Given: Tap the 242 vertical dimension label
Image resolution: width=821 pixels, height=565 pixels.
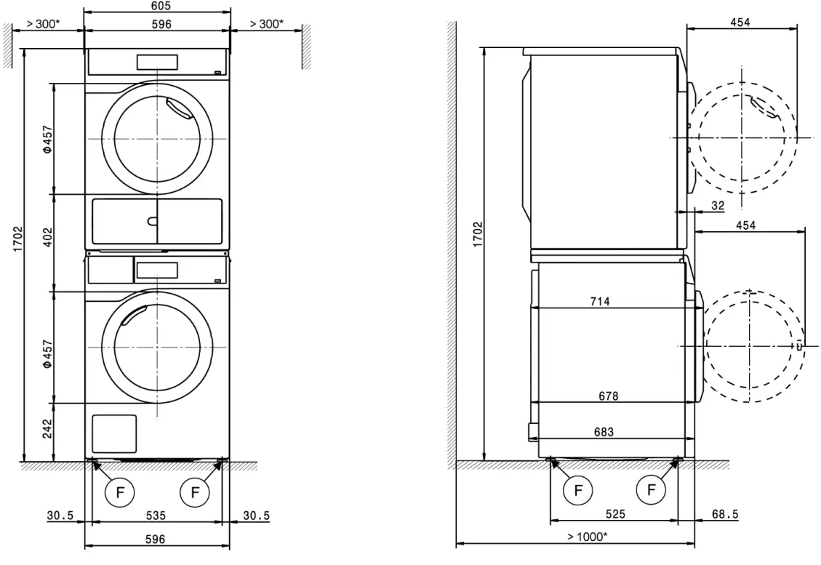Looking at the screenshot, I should (x=47, y=430).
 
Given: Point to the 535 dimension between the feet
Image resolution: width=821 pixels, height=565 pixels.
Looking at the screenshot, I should (x=156, y=516).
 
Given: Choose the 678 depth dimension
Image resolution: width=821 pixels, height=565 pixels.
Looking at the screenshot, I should (x=609, y=396).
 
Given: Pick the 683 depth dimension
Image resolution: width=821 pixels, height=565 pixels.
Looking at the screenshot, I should (x=604, y=432).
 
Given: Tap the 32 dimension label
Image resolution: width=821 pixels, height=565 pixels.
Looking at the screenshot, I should (x=717, y=206).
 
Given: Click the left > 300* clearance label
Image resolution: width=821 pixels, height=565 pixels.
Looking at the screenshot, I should (x=44, y=24).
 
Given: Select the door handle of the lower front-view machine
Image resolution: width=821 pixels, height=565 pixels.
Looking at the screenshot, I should (x=134, y=314).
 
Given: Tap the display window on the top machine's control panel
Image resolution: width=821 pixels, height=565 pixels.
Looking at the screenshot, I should (x=157, y=61).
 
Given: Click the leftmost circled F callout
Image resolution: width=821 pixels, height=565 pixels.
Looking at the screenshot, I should (x=117, y=492).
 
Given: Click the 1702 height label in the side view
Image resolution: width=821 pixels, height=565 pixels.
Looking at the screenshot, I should (x=478, y=235).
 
